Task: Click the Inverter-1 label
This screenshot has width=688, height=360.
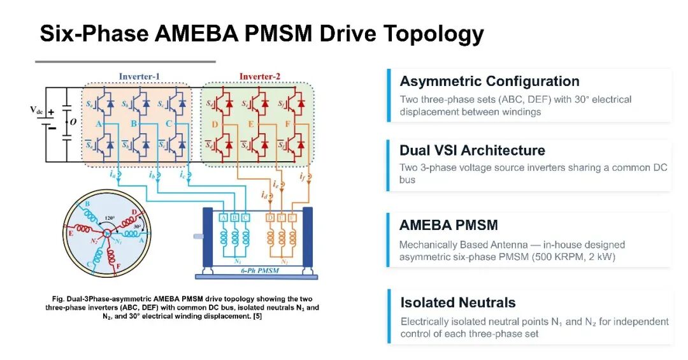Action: [139, 76]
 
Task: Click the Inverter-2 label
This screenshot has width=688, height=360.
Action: [259, 76]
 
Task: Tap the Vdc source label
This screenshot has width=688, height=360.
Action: [36, 110]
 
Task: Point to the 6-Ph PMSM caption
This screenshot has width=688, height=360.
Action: [260, 270]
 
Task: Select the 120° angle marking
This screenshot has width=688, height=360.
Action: [110, 218]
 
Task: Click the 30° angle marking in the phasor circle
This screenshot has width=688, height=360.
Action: [137, 227]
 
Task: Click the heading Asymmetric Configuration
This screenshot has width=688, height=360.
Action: [489, 81]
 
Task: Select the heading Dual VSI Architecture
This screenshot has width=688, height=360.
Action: [472, 150]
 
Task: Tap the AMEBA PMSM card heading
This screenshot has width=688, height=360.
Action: [448, 225]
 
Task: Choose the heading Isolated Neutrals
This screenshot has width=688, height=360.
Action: [457, 303]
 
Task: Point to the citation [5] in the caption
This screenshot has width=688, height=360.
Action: [257, 316]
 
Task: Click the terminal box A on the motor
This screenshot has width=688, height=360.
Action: [224, 218]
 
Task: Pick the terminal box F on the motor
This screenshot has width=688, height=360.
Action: [292, 218]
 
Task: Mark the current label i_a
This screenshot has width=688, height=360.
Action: [113, 174]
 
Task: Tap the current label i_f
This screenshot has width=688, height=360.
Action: [303, 176]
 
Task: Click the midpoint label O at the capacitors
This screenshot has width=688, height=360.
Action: [73, 122]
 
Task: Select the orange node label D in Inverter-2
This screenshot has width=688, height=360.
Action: [215, 124]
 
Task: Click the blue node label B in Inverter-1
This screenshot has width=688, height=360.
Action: [133, 124]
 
